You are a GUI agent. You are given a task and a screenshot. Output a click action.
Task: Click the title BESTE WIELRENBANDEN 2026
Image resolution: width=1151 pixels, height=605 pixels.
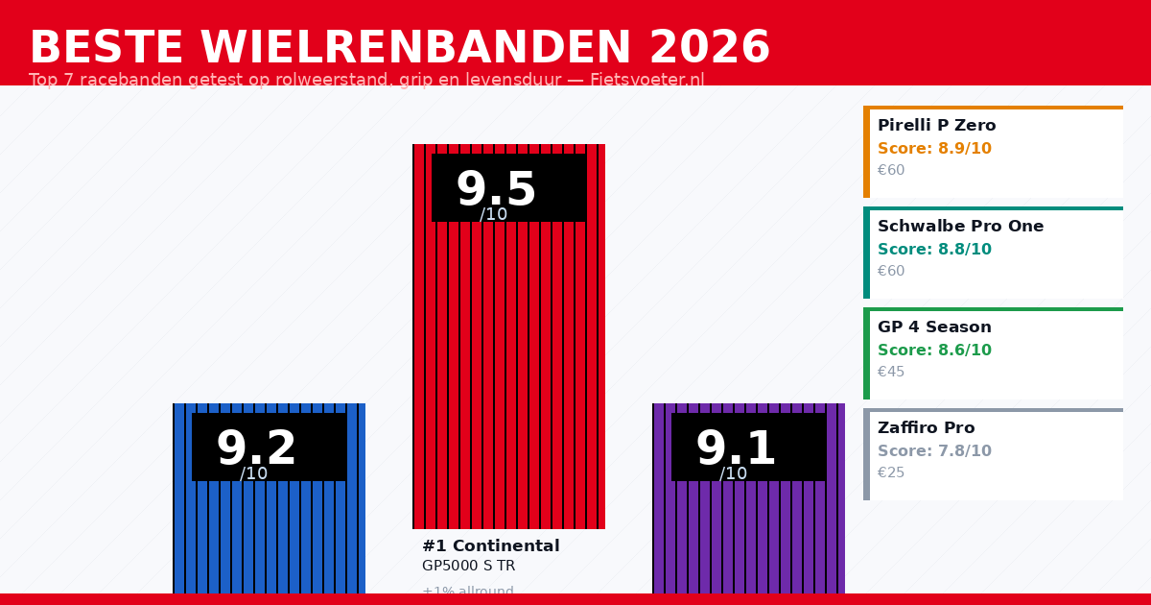[399, 48]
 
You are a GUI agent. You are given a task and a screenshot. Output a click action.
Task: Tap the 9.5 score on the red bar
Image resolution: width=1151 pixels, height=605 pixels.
[495, 189]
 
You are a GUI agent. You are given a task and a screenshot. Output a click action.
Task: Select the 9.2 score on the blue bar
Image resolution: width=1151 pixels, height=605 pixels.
[256, 448]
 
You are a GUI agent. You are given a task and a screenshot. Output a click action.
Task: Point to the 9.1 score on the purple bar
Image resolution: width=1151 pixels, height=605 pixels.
[736, 448]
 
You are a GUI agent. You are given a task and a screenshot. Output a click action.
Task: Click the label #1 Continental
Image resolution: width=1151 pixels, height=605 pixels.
[490, 546]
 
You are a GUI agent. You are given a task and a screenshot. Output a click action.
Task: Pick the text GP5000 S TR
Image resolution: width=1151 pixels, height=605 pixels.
[468, 567]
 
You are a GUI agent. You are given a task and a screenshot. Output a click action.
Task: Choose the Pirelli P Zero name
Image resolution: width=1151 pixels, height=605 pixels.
[936, 126]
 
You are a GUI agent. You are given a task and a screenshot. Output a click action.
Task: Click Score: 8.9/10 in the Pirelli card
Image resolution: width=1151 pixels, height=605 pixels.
[934, 149]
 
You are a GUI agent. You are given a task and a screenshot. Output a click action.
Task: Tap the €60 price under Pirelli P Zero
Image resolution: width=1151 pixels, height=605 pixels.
[891, 171]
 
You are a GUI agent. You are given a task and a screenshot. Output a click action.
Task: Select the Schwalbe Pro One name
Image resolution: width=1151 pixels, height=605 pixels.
[960, 227]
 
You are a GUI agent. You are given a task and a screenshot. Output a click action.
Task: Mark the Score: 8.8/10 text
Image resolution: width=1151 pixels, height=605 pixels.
[934, 250]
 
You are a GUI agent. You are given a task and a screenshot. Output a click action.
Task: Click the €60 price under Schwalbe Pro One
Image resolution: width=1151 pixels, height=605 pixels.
[891, 272]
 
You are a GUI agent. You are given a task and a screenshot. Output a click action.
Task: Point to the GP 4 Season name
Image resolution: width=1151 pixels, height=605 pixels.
[934, 327]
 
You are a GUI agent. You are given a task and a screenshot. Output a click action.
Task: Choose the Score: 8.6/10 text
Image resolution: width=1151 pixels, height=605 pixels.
[934, 351]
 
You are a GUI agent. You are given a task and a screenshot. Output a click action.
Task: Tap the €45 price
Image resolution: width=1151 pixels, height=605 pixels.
[891, 373]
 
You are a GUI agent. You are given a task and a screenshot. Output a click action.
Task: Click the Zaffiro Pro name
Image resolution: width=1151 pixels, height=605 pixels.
[926, 428]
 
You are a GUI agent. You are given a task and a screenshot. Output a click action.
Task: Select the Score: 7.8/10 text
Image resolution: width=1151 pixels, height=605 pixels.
[934, 451]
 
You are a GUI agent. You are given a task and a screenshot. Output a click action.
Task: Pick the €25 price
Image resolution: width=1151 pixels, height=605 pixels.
[891, 473]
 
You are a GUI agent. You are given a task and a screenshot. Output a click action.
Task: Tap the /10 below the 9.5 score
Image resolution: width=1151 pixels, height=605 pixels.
[494, 215]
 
